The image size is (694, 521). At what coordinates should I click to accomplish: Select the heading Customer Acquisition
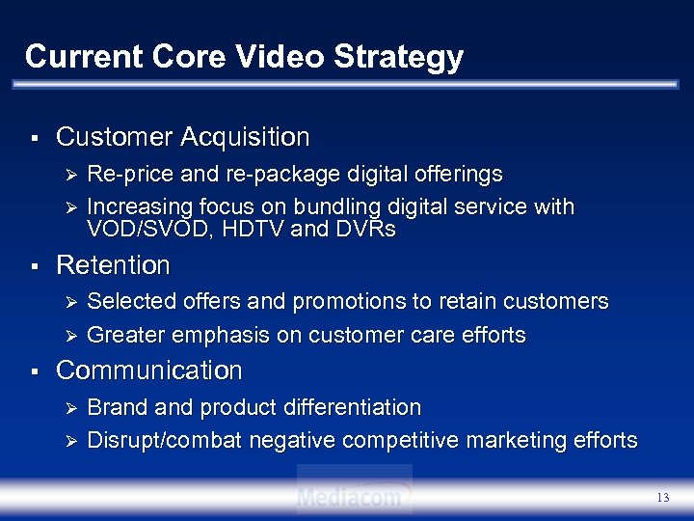tap(183, 138)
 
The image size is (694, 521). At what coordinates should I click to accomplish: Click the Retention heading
tap(113, 264)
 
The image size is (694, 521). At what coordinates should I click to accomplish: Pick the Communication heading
tap(149, 370)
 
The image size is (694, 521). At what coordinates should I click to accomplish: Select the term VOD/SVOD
tap(141, 231)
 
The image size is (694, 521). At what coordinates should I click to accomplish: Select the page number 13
tap(661, 498)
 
